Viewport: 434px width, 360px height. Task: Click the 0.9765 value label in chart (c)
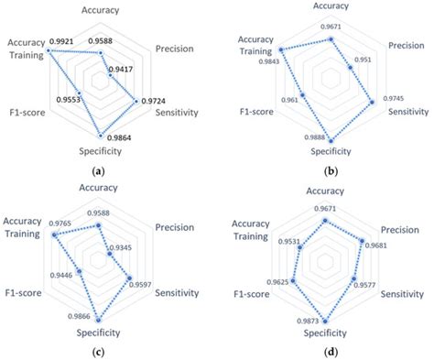[x=63, y=224]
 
